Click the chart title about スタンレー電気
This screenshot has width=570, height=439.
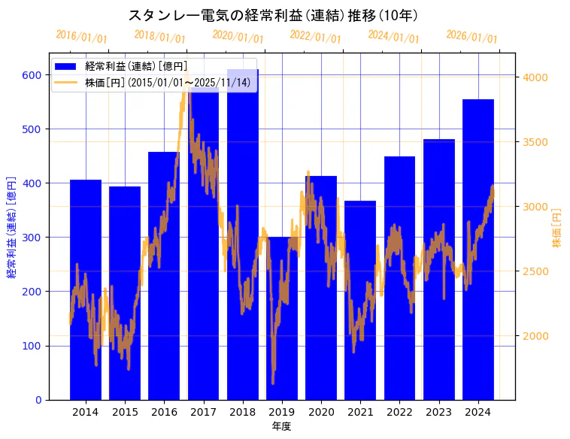273,15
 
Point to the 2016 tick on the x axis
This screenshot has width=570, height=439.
164,412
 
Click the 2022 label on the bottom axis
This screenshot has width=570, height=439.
399,412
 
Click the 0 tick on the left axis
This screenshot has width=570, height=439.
39,400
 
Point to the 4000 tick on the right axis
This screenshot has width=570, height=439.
535,77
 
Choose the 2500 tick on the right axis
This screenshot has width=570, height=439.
535,271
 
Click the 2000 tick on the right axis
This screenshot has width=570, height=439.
535,335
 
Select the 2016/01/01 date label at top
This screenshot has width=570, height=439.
81,37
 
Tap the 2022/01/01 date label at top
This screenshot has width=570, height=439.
315,36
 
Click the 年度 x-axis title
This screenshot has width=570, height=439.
281,426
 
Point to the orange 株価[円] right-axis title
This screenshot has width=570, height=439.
557,228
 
